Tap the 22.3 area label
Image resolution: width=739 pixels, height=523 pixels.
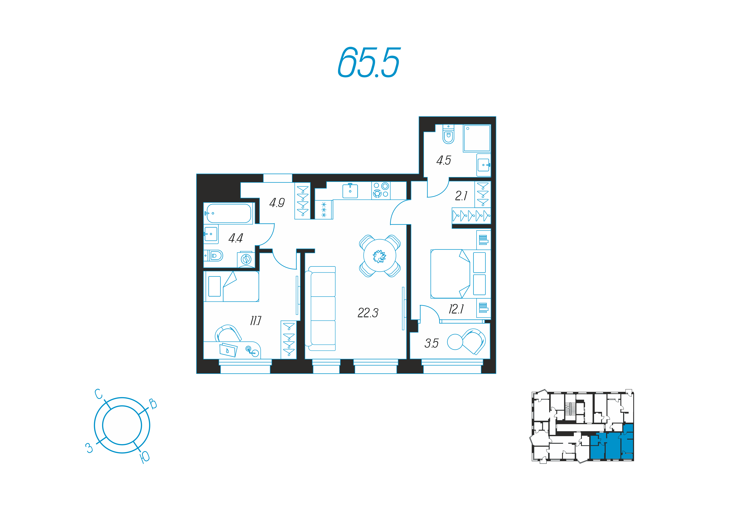[368, 313]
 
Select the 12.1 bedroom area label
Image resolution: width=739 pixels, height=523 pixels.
[456, 309]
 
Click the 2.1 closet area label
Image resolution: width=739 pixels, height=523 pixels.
[461, 196]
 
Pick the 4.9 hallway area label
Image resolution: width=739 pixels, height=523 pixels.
[277, 203]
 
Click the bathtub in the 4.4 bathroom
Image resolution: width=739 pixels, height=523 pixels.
[229, 213]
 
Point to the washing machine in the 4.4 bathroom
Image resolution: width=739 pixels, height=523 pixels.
[246, 259]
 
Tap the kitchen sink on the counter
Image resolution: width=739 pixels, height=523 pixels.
[350, 191]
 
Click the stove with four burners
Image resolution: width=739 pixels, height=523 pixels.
[381, 190]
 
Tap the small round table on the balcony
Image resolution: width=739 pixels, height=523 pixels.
[455, 342]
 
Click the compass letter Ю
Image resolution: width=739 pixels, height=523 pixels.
[145, 457]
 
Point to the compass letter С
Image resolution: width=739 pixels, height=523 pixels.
[99, 394]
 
